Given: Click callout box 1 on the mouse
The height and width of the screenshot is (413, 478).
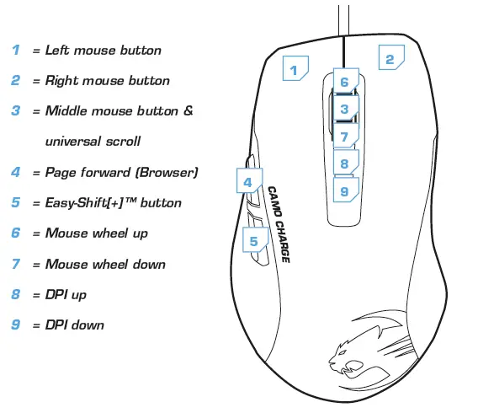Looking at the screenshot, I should (x=295, y=69).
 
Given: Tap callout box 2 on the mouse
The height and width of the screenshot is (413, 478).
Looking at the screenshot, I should (x=389, y=58).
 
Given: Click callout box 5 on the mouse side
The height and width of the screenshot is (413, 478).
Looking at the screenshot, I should (x=254, y=241).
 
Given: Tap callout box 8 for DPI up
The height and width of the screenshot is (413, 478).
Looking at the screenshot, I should (x=345, y=164).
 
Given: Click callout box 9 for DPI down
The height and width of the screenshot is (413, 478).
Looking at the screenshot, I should (x=345, y=190).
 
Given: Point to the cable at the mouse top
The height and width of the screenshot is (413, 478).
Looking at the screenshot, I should (x=344, y=21).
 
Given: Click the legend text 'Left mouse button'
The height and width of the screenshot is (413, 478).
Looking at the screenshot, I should (x=104, y=51).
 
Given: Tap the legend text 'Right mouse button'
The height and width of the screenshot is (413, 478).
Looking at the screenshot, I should (x=107, y=81).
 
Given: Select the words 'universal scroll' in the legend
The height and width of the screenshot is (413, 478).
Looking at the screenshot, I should (x=93, y=142).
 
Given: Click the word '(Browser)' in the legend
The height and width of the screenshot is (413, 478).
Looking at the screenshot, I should (x=171, y=173).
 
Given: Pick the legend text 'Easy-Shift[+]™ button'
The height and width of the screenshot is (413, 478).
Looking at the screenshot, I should (x=113, y=203).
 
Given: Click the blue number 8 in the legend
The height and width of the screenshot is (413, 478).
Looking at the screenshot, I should (x=15, y=294).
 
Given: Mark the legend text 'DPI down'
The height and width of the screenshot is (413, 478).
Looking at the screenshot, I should (x=75, y=324).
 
